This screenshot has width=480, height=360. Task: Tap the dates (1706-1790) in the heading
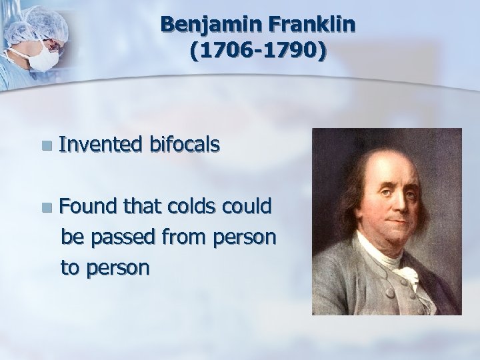258,51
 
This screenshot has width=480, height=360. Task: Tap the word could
246,207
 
